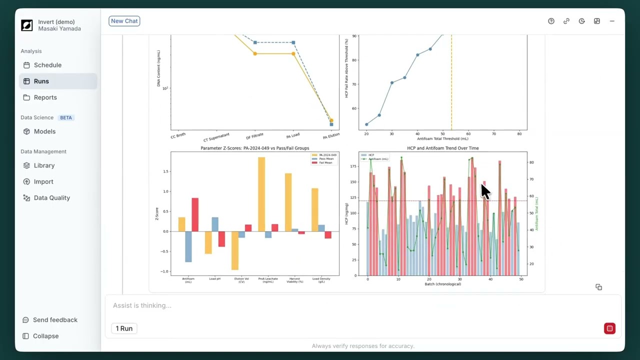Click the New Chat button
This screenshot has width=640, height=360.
click(124, 21)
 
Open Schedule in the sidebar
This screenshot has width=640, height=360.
click(47, 65)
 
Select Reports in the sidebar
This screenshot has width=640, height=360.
click(45, 97)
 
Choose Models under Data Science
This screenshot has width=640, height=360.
click(44, 131)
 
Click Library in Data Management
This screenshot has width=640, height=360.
click(44, 165)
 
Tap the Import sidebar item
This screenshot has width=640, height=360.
click(43, 181)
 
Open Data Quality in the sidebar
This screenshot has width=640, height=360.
click(51, 198)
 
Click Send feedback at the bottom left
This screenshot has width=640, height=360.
click(55, 320)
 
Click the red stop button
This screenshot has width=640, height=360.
click(609, 328)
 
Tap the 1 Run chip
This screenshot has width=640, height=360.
click(124, 328)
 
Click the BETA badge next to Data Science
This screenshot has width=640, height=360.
click(66, 118)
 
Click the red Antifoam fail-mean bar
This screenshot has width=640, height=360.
click(195, 215)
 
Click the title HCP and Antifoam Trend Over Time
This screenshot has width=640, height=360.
click(442, 148)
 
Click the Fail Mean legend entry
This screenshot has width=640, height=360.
click(325, 163)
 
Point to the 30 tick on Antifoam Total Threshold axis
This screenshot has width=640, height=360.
click(392, 134)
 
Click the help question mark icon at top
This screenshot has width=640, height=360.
click(551, 21)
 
